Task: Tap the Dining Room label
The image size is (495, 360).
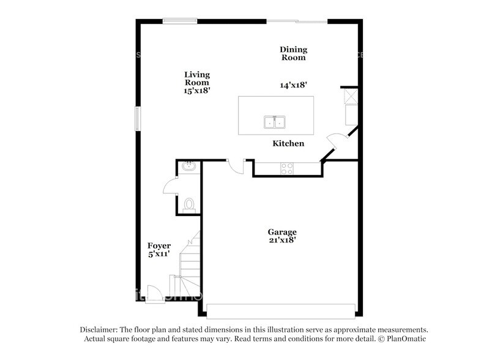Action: (x=293, y=53)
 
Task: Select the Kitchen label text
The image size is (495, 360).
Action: (x=288, y=143)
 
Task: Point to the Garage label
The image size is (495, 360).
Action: (x=282, y=232)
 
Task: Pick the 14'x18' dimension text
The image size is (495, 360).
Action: (x=293, y=86)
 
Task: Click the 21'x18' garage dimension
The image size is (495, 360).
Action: (x=282, y=240)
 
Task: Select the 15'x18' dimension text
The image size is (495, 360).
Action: (x=197, y=90)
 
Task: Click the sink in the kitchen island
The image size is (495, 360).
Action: (x=275, y=122)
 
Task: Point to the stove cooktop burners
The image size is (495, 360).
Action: (x=287, y=168)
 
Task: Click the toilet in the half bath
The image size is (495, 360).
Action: (x=188, y=203)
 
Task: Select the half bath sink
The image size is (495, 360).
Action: (x=188, y=165)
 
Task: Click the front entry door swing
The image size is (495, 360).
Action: (x=156, y=294)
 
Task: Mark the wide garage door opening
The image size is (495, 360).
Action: (x=281, y=310)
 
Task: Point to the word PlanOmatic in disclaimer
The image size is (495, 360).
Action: (x=404, y=339)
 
